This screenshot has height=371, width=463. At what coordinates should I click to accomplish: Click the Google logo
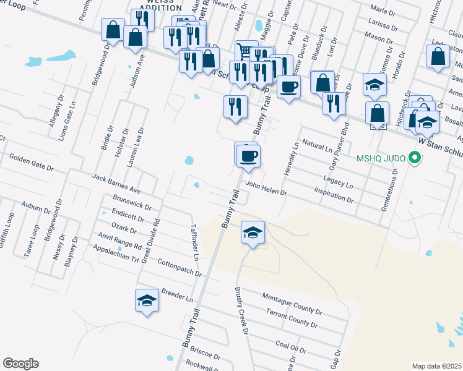20,364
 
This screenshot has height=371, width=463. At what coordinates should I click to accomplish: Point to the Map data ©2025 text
436,366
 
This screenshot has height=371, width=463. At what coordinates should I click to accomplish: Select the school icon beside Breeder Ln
147,301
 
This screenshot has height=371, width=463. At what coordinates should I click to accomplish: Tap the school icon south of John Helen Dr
253,233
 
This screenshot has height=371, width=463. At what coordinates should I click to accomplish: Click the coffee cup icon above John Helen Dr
248,155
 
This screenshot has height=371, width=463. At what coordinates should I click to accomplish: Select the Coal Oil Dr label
291,348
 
